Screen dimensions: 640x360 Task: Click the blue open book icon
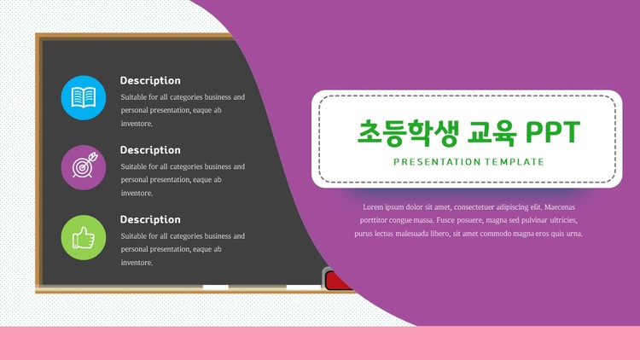pos(84,98)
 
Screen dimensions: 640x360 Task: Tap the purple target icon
pos(84,167)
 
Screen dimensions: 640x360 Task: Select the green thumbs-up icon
pos(84,237)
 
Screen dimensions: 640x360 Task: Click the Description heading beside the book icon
pos(150,80)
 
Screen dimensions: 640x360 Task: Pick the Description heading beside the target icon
pos(150,150)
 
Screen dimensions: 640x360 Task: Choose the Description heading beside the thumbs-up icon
pos(150,219)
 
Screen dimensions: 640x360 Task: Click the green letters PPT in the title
pos(553,132)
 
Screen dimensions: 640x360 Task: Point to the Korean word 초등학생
pos(408,133)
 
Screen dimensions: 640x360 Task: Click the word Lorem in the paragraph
pos(373,207)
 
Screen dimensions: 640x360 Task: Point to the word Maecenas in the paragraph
pos(560,207)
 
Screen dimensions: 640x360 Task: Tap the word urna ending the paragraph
pos(573,234)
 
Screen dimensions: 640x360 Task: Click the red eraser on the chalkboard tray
pos(339,281)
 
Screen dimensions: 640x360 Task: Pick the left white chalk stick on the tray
pos(216,287)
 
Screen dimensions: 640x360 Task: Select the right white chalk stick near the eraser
pos(304,287)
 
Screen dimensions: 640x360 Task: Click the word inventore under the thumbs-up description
pos(137,263)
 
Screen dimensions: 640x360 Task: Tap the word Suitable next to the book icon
pos(133,97)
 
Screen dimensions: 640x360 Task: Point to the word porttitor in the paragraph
pos(373,220)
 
